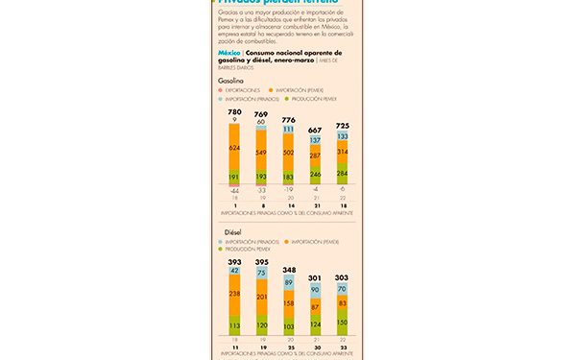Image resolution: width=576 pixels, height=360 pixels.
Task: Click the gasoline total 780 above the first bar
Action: [x=234, y=112]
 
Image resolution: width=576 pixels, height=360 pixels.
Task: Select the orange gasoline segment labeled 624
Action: [x=234, y=148]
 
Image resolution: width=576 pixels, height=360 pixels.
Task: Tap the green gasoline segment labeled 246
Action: [x=315, y=175]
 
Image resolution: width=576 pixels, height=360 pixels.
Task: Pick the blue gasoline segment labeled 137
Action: [x=315, y=140]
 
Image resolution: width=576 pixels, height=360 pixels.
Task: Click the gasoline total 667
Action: [x=315, y=130]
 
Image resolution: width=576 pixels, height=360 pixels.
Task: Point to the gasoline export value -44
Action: [x=234, y=190]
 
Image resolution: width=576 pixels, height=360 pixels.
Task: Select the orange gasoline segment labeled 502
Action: [x=288, y=152]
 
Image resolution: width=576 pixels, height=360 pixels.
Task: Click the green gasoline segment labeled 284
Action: [x=342, y=174]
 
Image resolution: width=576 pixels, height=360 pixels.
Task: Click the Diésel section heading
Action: [x=228, y=231]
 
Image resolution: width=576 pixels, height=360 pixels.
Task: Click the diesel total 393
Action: [x=234, y=261]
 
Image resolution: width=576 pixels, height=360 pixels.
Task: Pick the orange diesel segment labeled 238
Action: [x=234, y=293]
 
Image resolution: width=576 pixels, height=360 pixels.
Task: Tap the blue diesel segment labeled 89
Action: [x=288, y=283]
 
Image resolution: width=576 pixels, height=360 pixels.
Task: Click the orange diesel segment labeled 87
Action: [x=315, y=306]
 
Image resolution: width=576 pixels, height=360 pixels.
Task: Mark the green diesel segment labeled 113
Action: [x=234, y=324]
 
